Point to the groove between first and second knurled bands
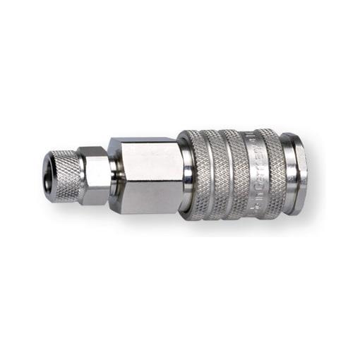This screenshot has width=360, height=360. click(213, 172)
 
